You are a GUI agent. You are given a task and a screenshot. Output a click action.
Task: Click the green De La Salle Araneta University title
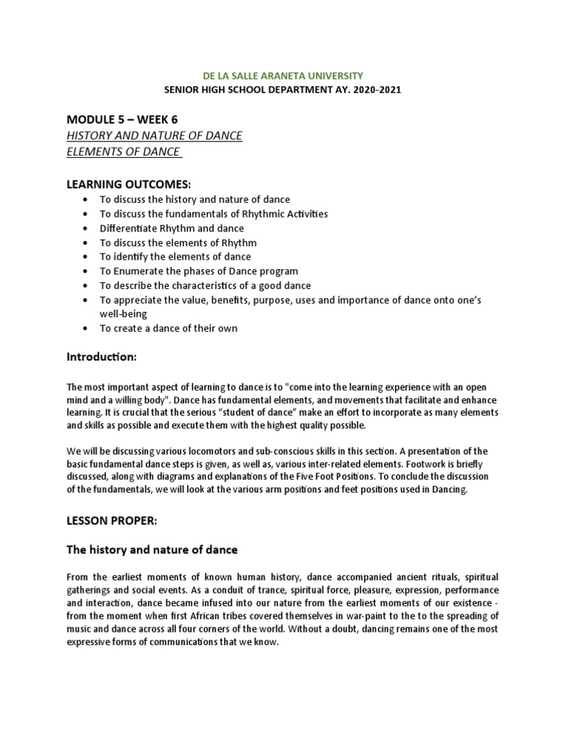click(x=282, y=75)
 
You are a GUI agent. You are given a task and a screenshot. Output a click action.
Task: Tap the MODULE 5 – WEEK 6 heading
click(x=122, y=119)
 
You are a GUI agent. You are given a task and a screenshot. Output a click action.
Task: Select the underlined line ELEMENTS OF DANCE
click(x=124, y=152)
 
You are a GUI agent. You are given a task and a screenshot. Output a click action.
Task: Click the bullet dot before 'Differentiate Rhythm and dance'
click(x=87, y=229)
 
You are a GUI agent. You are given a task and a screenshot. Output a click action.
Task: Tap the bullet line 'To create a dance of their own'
click(x=169, y=328)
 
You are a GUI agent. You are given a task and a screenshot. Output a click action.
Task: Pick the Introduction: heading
click(x=102, y=357)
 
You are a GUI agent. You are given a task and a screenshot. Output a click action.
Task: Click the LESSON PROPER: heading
click(x=112, y=521)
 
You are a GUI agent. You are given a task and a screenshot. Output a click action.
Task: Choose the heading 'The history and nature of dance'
click(x=153, y=550)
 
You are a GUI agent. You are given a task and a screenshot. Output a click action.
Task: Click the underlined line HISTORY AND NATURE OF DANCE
click(x=154, y=136)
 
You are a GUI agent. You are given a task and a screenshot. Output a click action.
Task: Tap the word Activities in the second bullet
click(x=304, y=214)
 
